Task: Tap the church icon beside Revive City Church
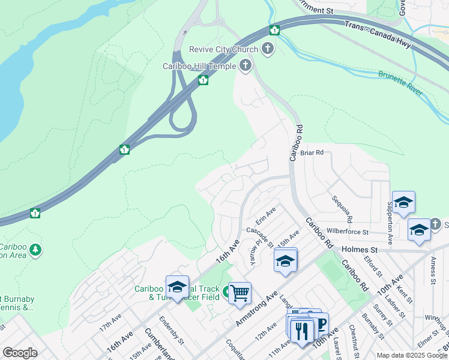pos(268,49)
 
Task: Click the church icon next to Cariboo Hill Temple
pos(244,65)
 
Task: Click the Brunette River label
pos(400,83)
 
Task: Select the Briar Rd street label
pos(312,153)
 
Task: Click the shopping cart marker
pos(240,293)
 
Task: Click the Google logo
pos(20,352)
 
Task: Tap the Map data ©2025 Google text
pos(412,355)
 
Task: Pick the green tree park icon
pos(35,250)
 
